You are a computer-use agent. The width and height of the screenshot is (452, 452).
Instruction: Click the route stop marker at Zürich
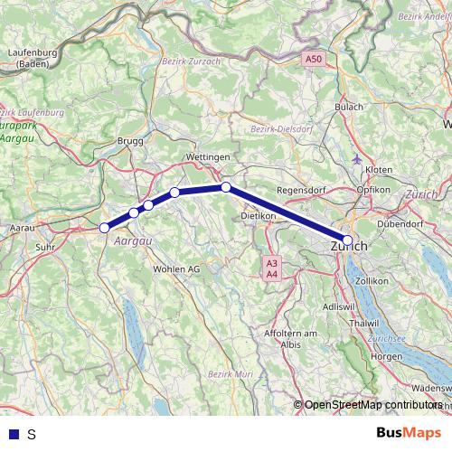pyautogui.click(x=348, y=240)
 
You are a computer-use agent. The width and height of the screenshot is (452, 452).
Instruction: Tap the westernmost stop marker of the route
pyautogui.click(x=104, y=228)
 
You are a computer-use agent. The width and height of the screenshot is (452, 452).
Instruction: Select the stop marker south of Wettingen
pyautogui.click(x=226, y=187)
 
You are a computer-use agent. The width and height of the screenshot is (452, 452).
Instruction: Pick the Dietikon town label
pyautogui.click(x=259, y=217)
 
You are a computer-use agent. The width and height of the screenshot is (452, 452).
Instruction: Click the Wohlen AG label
pyautogui.click(x=176, y=269)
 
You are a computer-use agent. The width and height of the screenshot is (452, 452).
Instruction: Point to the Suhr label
pyautogui.click(x=43, y=246)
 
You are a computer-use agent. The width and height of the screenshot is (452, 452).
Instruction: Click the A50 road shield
pyautogui.click(x=313, y=59)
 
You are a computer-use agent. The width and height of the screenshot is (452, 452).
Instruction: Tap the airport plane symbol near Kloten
pyautogui.click(x=358, y=159)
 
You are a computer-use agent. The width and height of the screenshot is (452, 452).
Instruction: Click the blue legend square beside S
pyautogui.click(x=13, y=434)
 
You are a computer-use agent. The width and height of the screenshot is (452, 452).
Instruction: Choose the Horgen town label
pyautogui.click(x=386, y=358)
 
